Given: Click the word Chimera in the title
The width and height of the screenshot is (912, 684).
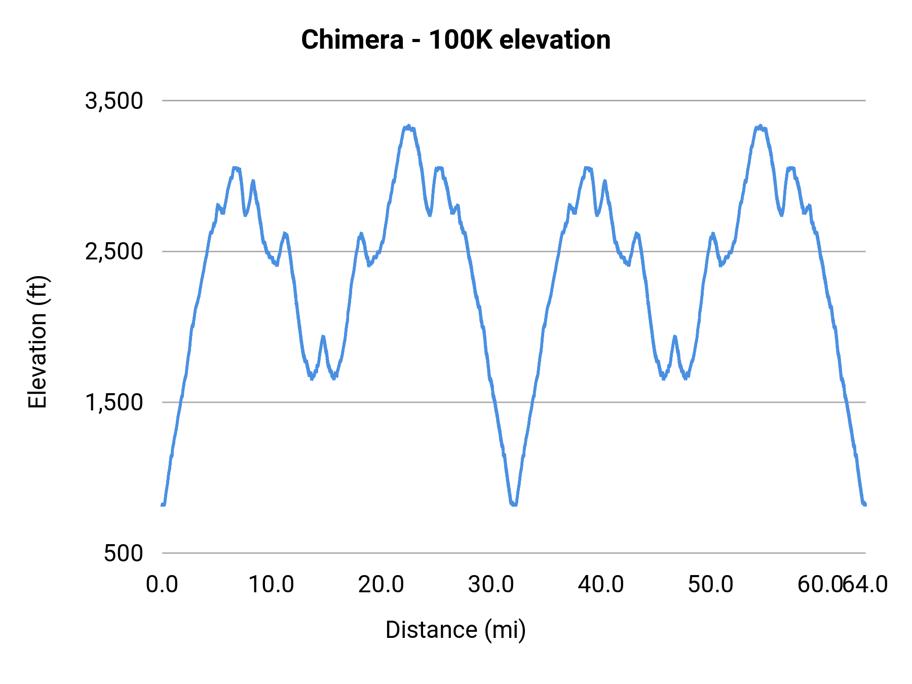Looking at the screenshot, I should (352, 40).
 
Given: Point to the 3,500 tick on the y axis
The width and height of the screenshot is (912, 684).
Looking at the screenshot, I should (114, 101).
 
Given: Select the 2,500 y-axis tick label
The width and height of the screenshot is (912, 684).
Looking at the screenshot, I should (114, 252).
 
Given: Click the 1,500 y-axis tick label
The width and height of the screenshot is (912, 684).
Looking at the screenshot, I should (114, 402).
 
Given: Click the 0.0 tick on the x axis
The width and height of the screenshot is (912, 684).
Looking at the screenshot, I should (162, 585).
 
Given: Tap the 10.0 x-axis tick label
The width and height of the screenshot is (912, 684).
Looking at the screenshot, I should (271, 585).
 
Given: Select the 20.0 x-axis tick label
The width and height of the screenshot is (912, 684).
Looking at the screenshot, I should (381, 585).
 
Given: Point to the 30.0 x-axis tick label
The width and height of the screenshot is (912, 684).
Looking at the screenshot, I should (491, 585).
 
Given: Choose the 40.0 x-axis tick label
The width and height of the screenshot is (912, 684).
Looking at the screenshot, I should (601, 585).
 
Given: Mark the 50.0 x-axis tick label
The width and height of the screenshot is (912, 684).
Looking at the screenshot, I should (710, 585).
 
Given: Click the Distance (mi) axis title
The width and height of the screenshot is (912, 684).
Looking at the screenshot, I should (455, 630).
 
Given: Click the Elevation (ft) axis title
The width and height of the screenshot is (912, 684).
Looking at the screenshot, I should (37, 342).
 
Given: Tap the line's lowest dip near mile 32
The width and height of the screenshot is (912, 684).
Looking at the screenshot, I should (514, 504).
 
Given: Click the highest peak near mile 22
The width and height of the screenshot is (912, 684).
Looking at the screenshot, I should (408, 127).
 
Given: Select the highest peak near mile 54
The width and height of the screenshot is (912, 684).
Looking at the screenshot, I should (759, 127).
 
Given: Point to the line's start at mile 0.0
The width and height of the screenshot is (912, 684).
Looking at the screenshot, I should (163, 505).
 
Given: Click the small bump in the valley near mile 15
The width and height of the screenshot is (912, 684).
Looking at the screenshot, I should (323, 336).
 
